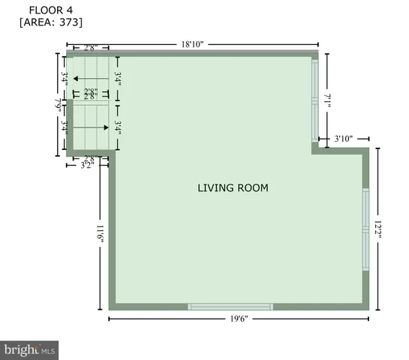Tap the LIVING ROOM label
[x=233, y=187]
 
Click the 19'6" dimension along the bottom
[x=239, y=319]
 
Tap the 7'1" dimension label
[x=327, y=100]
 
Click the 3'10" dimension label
[x=343, y=139]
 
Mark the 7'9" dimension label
[x=58, y=105]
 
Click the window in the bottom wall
[x=230, y=306]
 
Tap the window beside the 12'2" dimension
[x=365, y=229]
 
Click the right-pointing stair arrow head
[x=106, y=128]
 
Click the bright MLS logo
[x=30, y=349]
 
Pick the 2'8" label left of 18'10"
[x=89, y=47]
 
